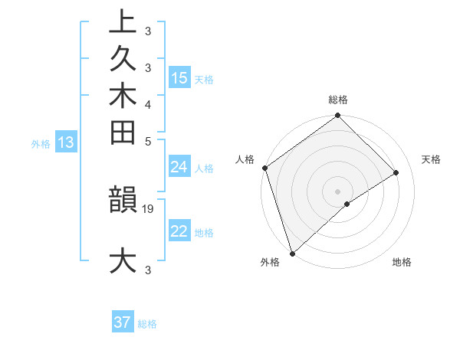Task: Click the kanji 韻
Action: point(123,201)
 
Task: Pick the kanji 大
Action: point(123,260)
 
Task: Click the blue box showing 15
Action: point(179,78)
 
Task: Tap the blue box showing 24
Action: point(179,168)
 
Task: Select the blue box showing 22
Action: point(179,232)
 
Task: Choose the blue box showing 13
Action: point(66,142)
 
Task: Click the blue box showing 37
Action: point(123,322)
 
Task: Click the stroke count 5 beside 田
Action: point(148,141)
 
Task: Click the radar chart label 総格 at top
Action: point(338,100)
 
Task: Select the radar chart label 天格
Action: point(431,159)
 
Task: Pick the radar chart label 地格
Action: point(402,262)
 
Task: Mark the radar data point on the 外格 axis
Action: point(292,253)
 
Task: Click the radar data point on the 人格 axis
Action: point(264,168)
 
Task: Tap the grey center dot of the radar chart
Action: point(337,191)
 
